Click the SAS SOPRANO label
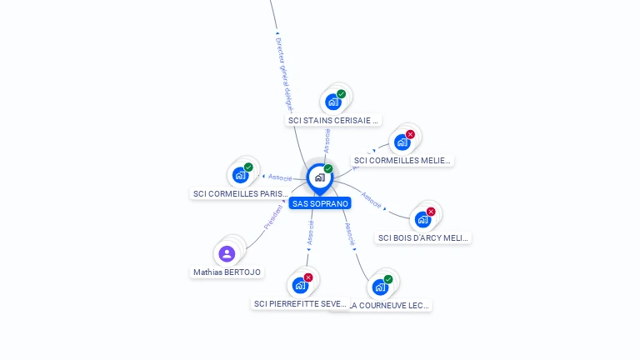point(320,203)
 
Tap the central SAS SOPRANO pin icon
point(319,177)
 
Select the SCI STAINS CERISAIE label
point(333,120)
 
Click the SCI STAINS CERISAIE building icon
point(333,102)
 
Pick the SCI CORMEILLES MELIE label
point(402,160)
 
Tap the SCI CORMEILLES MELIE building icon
point(402,142)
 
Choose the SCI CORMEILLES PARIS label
point(240,193)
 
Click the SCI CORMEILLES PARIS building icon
point(241,175)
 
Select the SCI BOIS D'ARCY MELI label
point(423,237)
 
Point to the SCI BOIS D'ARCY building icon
point(423,220)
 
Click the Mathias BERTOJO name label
point(227,272)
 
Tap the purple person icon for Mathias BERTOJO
point(227,253)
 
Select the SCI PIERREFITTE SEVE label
point(300,303)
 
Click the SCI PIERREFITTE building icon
point(300,286)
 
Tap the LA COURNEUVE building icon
point(380,287)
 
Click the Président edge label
point(272,216)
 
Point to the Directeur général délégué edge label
point(284,75)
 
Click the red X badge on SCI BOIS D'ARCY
point(431,212)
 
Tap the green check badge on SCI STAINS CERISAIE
point(341,94)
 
